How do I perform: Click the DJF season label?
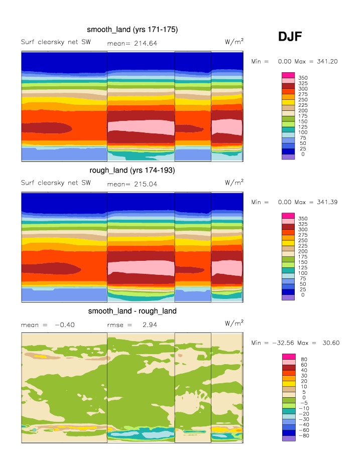290,37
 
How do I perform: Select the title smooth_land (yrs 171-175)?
132,30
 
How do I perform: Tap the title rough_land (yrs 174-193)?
132,171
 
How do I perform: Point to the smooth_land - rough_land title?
132,311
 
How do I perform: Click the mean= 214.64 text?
132,44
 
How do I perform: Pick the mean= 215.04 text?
132,184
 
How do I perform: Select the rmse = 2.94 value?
126,325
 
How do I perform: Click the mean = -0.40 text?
48,325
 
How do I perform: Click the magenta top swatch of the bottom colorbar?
288,356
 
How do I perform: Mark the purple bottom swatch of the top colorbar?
288,157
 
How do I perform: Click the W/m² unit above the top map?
234,42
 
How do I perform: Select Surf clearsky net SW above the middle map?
56,183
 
